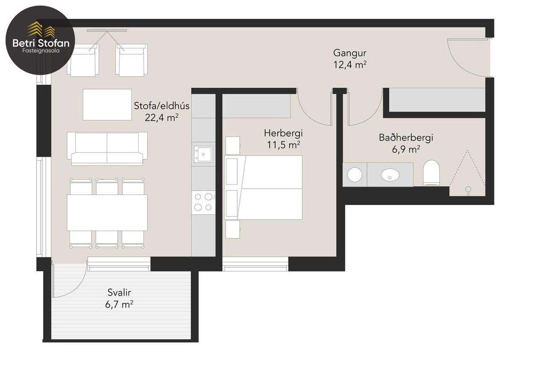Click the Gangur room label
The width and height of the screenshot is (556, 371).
(350, 53)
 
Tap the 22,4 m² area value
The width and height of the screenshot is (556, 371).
(162, 117)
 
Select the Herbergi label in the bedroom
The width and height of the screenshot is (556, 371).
(283, 133)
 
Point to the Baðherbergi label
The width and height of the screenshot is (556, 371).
(406, 137)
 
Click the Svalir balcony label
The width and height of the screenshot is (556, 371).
(119, 293)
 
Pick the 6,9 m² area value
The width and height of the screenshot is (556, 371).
(406, 149)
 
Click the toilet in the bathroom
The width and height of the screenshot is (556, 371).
(432, 172)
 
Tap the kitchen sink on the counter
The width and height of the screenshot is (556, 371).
(203, 154)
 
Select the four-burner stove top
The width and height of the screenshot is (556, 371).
(203, 202)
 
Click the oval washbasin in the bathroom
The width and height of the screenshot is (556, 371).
(390, 174)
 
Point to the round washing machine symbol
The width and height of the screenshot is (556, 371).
(355, 175)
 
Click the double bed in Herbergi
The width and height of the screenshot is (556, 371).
(263, 187)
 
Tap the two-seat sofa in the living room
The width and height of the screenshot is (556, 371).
(107, 148)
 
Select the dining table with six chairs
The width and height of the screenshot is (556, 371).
(107, 213)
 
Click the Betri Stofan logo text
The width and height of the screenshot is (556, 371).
(41, 43)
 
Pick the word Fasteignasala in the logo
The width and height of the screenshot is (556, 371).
(41, 51)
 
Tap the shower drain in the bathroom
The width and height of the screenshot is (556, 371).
(468, 189)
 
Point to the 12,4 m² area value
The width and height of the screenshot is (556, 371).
(350, 65)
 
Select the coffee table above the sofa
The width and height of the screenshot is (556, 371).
(107, 104)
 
